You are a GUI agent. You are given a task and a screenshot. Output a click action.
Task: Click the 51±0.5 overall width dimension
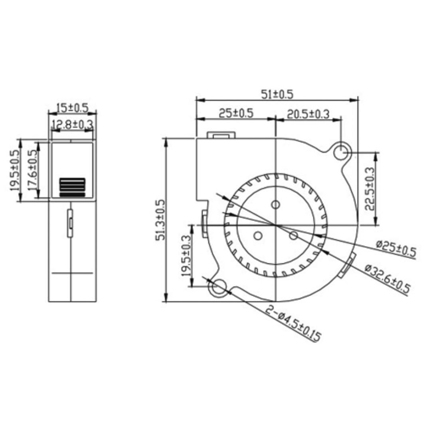[x=277, y=94]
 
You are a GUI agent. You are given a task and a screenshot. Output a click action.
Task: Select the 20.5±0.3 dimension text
[x=308, y=114]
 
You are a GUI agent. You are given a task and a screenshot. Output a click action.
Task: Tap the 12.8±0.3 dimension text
[x=72, y=125]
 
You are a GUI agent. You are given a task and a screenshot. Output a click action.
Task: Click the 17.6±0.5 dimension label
[x=33, y=170]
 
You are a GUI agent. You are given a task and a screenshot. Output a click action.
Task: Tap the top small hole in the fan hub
[x=275, y=205]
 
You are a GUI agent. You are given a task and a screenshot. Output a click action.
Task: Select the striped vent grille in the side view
[x=72, y=187]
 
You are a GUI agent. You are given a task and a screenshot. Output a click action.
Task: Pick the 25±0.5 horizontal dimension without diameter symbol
[x=235, y=113]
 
